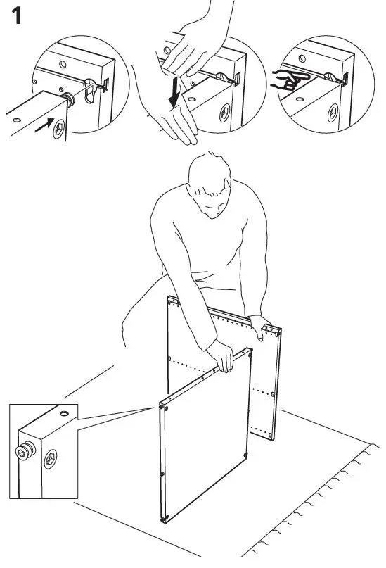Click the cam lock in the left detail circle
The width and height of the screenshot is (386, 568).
[61, 128]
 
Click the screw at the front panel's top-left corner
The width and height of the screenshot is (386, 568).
[164, 406]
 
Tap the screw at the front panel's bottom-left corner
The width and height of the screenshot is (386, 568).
[165, 519]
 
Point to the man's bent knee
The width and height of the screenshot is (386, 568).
[130, 317]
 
